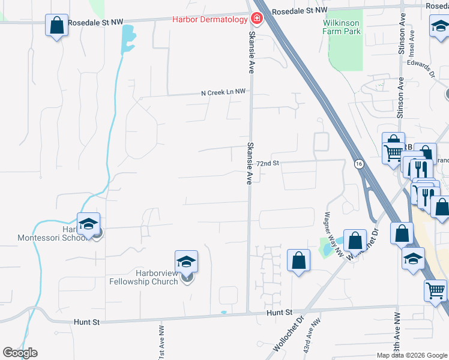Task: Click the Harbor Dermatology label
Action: click(x=209, y=19)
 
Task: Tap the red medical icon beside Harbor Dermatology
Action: click(x=257, y=19)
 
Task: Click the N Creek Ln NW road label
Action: click(x=223, y=92)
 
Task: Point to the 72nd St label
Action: click(x=268, y=163)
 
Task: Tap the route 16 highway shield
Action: click(x=359, y=163)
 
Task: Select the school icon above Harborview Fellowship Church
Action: click(x=187, y=262)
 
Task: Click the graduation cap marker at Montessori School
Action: click(x=88, y=224)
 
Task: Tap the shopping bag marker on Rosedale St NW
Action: click(x=56, y=26)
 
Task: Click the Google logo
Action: click(x=20, y=353)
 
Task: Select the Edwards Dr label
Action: click(x=421, y=67)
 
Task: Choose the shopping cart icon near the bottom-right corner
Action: click(x=435, y=290)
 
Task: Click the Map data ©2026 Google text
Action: click(x=412, y=355)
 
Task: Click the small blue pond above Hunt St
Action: click(x=224, y=312)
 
